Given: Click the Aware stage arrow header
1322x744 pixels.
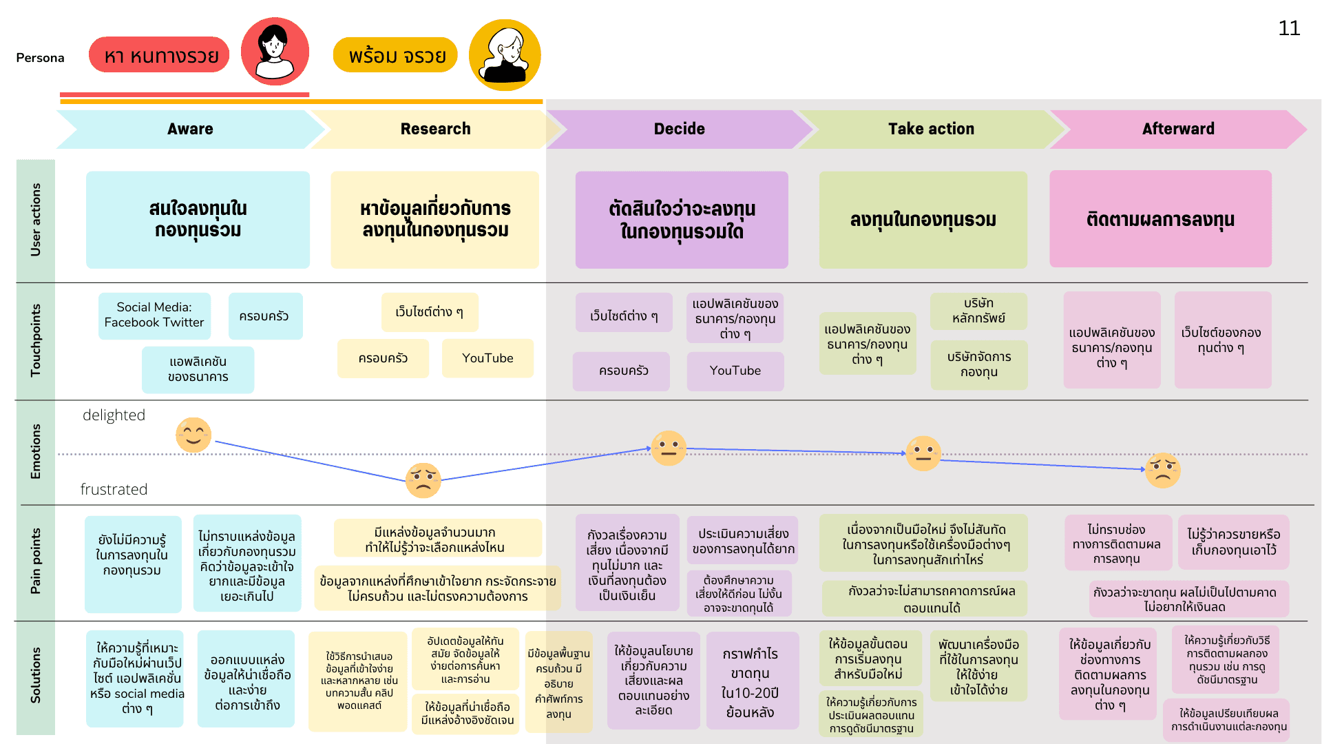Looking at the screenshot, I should (x=189, y=129).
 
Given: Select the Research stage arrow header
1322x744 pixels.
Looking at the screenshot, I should (x=435, y=129).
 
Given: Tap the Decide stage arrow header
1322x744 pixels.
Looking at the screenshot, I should (x=679, y=129).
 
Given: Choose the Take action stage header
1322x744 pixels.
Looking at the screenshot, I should (x=931, y=129).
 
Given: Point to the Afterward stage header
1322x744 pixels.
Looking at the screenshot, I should (x=1178, y=129).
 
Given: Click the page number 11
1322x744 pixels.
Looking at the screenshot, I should (x=1289, y=28).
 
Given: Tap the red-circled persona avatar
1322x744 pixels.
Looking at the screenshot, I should (x=275, y=52).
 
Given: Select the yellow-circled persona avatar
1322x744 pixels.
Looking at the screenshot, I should (x=505, y=54).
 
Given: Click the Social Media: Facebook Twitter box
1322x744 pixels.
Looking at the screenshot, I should (x=154, y=316).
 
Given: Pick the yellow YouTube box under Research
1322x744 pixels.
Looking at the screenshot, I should (x=487, y=358).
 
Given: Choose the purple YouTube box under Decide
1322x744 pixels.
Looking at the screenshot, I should (x=735, y=371).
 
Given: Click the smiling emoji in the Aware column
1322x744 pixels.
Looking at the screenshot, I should (x=193, y=435).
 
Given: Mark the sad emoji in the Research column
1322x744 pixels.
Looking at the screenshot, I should (x=423, y=480).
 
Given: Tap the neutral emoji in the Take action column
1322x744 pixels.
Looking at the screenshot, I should (x=923, y=453).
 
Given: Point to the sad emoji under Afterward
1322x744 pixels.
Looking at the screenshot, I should (x=1163, y=471).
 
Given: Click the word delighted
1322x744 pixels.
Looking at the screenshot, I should (x=114, y=415).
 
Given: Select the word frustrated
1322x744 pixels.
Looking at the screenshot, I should (x=114, y=490).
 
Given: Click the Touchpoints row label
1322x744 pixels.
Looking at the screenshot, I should (x=36, y=340).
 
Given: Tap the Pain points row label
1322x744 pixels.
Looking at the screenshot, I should (x=36, y=561).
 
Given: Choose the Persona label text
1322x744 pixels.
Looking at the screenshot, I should (x=40, y=58).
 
